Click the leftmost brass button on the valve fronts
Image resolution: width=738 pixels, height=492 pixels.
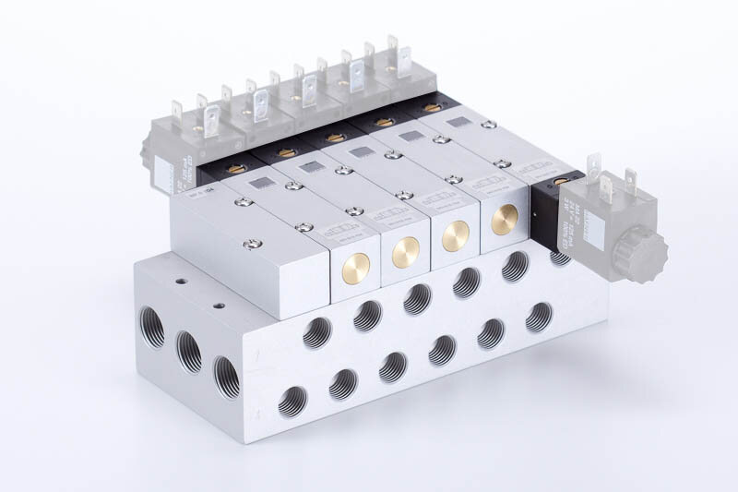[355, 268]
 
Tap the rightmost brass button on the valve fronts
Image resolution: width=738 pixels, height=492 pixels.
[505, 220]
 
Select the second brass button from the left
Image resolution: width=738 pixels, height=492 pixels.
[406, 252]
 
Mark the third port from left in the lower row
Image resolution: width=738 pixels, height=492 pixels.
[393, 366]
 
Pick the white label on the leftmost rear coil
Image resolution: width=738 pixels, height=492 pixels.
[165, 173]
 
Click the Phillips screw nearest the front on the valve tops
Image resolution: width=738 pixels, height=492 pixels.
[250, 244]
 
